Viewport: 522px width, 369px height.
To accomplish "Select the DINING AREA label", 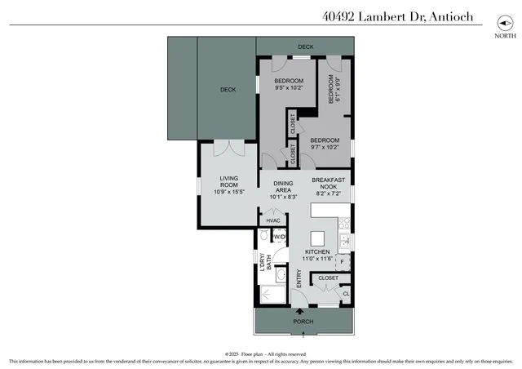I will [x=283, y=190].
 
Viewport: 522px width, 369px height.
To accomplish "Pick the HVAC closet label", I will [x=273, y=220].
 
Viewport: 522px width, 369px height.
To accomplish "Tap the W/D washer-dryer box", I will [x=279, y=237].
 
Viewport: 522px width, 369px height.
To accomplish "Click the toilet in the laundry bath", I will [x=264, y=237].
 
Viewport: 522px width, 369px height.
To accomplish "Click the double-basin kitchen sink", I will [x=345, y=241].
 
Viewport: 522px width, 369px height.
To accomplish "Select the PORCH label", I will [x=303, y=322].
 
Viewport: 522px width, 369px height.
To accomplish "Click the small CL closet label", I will [x=345, y=294].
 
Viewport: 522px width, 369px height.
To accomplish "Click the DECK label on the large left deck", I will [x=228, y=90].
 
